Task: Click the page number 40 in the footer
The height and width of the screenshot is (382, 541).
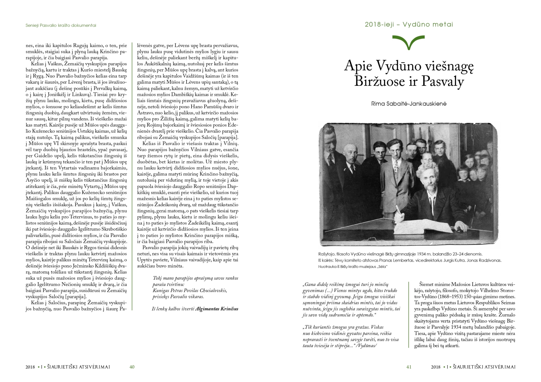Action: coord(132,367)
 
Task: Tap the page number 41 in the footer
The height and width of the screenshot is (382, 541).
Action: coord(409,367)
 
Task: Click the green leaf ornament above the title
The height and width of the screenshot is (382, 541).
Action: coord(409,42)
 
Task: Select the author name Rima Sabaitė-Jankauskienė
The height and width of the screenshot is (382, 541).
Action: coord(409,104)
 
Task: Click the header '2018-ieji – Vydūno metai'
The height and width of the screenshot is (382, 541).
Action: coord(409,25)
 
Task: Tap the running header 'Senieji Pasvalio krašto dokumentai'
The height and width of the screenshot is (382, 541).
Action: coord(61,26)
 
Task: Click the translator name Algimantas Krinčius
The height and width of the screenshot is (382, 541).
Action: coord(216,309)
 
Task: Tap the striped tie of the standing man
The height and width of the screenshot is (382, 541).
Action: coord(396,168)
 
